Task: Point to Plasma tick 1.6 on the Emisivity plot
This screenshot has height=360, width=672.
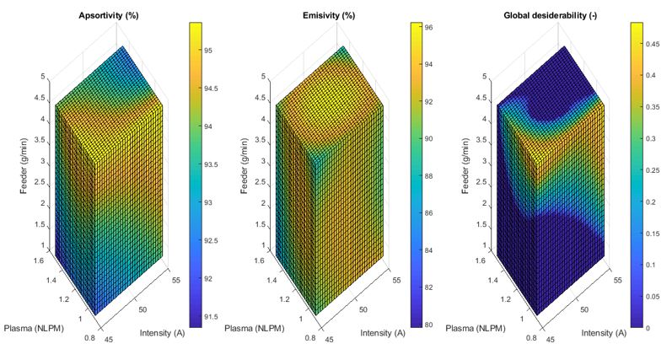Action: [x=258, y=262]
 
